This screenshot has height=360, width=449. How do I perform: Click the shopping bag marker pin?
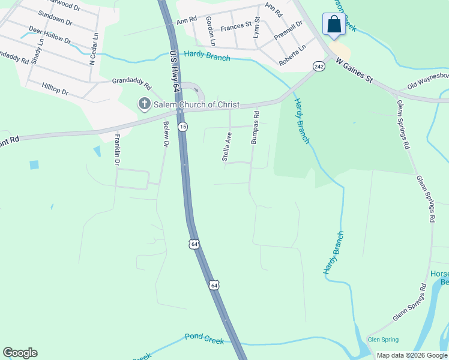334,25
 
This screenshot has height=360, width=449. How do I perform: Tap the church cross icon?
144,104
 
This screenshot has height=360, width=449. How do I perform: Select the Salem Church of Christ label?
197,104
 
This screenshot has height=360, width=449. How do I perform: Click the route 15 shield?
182,127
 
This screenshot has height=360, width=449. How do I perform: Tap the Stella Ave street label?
226,147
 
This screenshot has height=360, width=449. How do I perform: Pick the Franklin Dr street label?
118,149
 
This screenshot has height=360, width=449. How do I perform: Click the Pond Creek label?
204,339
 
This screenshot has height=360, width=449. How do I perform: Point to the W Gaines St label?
354,70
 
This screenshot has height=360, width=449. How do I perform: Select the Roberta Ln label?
292,54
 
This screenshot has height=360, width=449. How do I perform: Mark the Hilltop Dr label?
55,90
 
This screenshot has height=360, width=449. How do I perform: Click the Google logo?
20,353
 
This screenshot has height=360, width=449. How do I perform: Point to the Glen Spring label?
382,339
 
